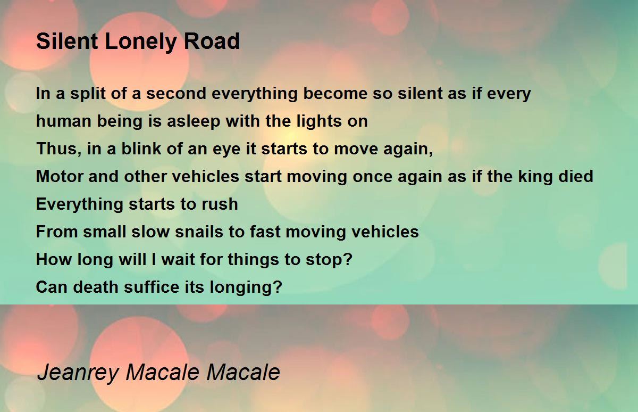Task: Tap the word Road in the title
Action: click(x=212, y=41)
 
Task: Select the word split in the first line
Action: click(x=88, y=94)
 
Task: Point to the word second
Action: click(x=176, y=93)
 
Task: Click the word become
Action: click(x=335, y=93)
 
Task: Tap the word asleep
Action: click(x=194, y=121)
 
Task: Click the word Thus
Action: click(x=58, y=149)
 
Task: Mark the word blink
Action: click(x=141, y=149)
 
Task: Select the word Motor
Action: click(x=60, y=176)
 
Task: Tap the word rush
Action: click(x=220, y=204)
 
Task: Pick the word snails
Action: click(x=199, y=232)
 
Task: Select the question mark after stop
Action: click(x=348, y=259)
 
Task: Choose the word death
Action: click(x=95, y=287)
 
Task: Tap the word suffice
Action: click(x=152, y=286)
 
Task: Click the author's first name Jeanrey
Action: click(x=78, y=373)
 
